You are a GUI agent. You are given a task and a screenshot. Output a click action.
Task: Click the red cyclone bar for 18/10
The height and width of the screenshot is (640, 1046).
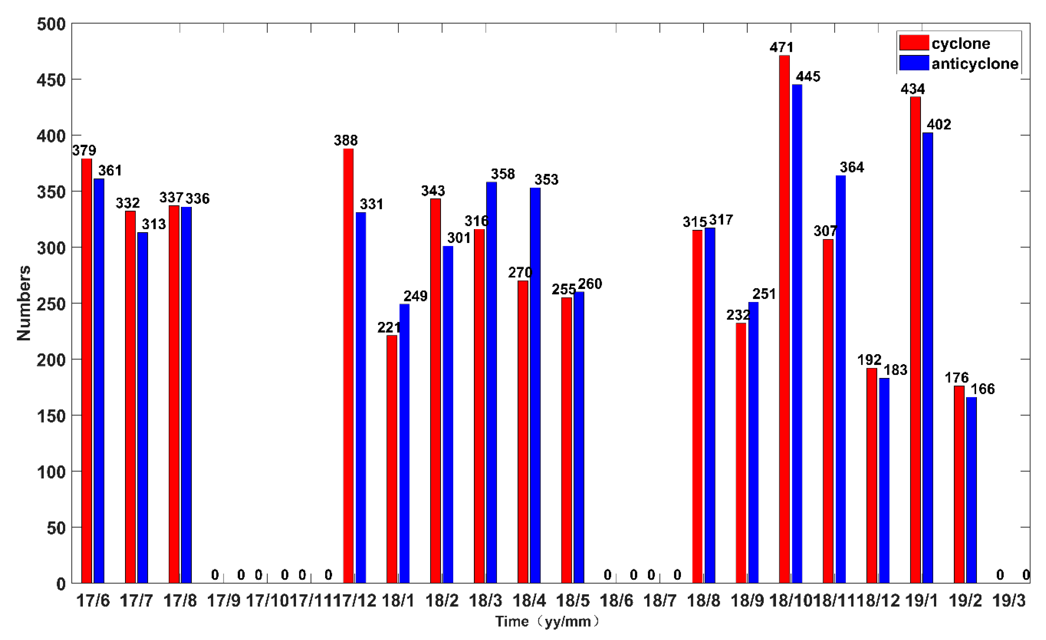(784, 318)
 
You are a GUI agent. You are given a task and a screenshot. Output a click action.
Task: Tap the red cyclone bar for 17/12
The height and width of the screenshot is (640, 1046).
(348, 365)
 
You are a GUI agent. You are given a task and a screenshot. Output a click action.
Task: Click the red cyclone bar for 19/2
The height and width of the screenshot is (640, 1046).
(959, 484)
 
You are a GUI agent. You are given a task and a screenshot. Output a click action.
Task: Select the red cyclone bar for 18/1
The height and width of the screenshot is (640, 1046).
(392, 459)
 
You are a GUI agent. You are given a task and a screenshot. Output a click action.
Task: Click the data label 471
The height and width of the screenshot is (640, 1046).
(781, 47)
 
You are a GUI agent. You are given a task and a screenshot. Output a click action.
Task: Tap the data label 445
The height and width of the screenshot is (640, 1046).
(808, 77)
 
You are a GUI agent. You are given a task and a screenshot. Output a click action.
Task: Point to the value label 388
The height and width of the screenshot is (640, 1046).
(346, 140)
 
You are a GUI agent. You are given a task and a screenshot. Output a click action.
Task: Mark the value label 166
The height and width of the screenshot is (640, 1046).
(983, 389)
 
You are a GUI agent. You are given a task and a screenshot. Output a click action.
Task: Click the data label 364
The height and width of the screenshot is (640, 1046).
(852, 167)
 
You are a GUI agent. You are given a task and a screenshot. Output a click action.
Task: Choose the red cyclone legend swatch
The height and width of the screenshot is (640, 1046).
(913, 43)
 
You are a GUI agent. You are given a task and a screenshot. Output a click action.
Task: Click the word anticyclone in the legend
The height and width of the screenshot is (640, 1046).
(975, 64)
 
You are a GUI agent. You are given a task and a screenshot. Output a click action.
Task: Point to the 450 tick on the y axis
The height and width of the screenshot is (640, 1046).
(51, 80)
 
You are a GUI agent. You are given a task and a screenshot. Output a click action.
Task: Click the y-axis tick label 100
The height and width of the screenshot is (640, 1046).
(51, 472)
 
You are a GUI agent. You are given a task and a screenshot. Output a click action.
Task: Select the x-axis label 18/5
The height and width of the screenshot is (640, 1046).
(573, 600)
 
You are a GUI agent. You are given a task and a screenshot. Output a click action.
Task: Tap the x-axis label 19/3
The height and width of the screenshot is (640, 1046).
(1009, 600)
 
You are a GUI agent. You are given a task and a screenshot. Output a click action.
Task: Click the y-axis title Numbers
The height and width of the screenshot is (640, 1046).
(24, 303)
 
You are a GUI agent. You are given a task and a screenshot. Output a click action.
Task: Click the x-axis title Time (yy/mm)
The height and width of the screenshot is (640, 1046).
(548, 622)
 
